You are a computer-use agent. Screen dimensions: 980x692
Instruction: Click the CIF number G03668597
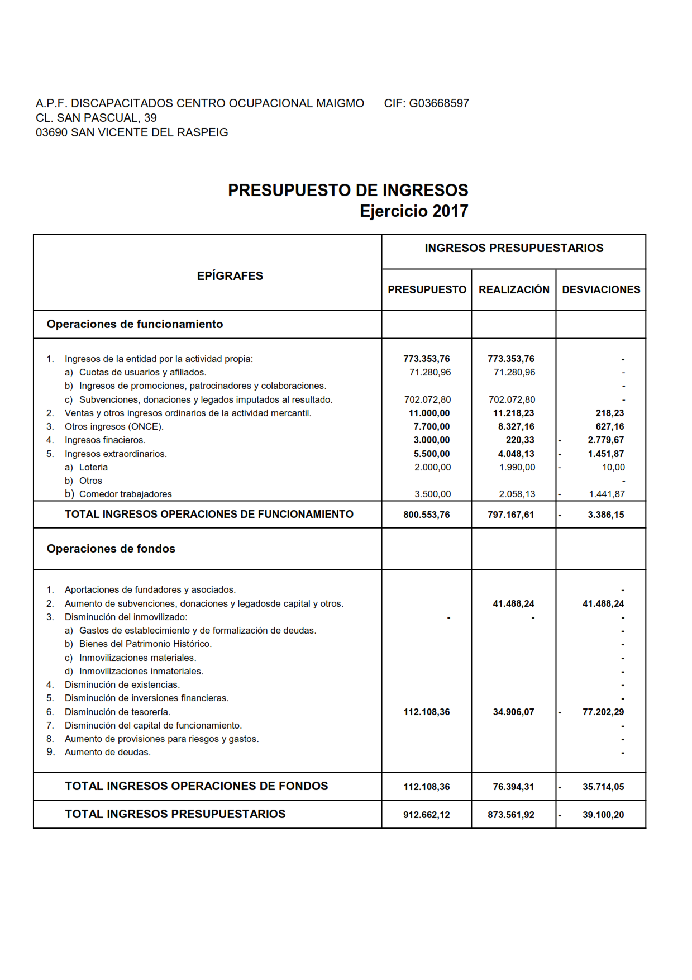(439, 103)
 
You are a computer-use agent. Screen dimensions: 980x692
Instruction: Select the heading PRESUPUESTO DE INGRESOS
(348, 191)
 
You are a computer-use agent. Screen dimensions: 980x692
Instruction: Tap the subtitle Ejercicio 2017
(414, 211)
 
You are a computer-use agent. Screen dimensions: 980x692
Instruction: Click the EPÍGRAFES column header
(230, 276)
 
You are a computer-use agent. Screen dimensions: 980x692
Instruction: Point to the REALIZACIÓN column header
(514, 289)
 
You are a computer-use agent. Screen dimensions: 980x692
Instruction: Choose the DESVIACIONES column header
(601, 289)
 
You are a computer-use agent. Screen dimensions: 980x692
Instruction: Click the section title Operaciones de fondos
(111, 549)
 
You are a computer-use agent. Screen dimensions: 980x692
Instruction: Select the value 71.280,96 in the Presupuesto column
(430, 372)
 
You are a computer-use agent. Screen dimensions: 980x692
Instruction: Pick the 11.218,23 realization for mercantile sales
(513, 413)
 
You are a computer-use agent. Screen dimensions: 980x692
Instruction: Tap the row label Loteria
(93, 467)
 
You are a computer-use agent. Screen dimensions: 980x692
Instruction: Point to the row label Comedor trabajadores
(125, 494)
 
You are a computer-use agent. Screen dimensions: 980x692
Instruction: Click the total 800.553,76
(426, 515)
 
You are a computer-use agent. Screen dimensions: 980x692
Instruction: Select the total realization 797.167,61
(510, 515)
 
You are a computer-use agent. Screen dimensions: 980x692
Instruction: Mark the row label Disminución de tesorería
(117, 712)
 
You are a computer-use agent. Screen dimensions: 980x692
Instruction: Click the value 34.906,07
(513, 712)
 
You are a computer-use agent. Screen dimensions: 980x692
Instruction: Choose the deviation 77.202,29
(603, 712)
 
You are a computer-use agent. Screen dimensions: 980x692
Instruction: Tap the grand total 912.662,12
(426, 815)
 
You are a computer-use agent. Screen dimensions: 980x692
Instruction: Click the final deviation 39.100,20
(603, 815)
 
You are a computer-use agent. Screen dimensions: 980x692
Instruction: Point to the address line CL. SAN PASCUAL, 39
(96, 118)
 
